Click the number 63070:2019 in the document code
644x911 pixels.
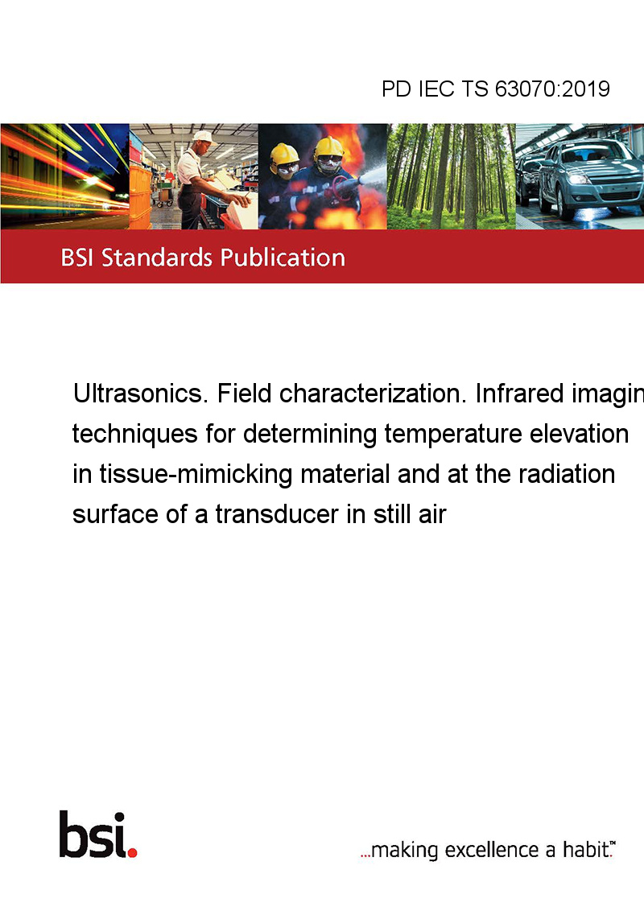pyautogui.click(x=552, y=89)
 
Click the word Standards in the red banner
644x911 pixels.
pyautogui.click(x=157, y=258)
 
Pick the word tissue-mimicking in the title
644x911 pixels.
pyautogui.click(x=196, y=475)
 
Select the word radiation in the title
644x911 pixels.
pyautogui.click(x=566, y=474)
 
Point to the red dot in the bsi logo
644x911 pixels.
pyautogui.click(x=132, y=852)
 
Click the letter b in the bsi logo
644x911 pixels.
pyautogui.click(x=72, y=835)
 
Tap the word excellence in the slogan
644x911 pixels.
pyautogui.click(x=492, y=850)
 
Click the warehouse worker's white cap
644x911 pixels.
pyautogui.click(x=203, y=137)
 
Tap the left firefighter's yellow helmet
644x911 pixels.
pyautogui.click(x=284, y=155)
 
